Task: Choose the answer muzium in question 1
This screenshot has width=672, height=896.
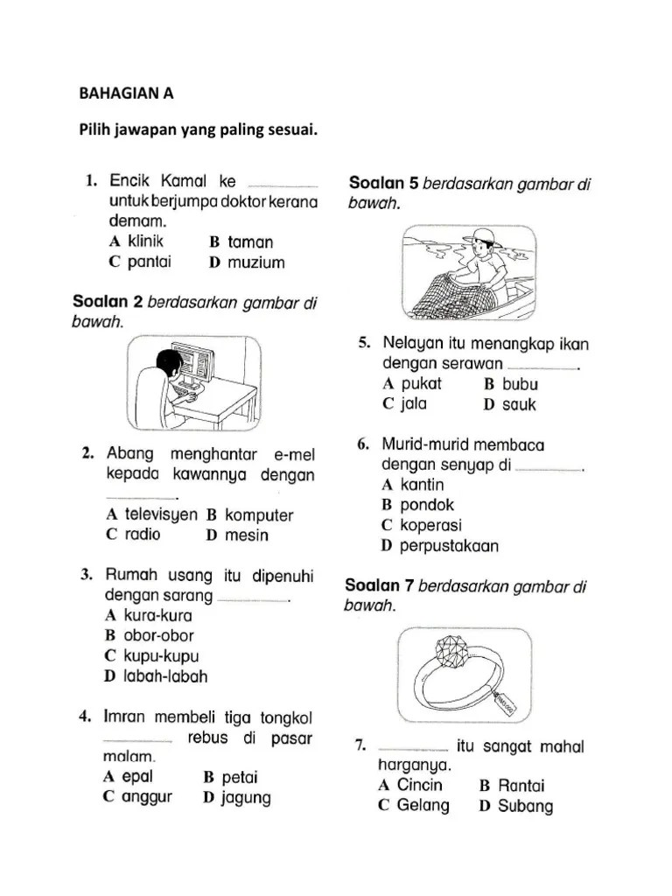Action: [255, 262]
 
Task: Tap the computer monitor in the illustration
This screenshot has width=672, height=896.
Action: [194, 362]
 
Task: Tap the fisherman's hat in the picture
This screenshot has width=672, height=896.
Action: [480, 235]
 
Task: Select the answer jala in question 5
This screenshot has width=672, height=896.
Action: [407, 404]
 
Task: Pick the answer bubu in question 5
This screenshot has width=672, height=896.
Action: [522, 383]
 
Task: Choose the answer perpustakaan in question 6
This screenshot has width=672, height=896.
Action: [449, 546]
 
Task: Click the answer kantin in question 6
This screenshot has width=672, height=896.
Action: [422, 485]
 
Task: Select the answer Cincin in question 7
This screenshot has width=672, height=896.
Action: [420, 784]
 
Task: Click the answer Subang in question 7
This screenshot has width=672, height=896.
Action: [525, 806]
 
